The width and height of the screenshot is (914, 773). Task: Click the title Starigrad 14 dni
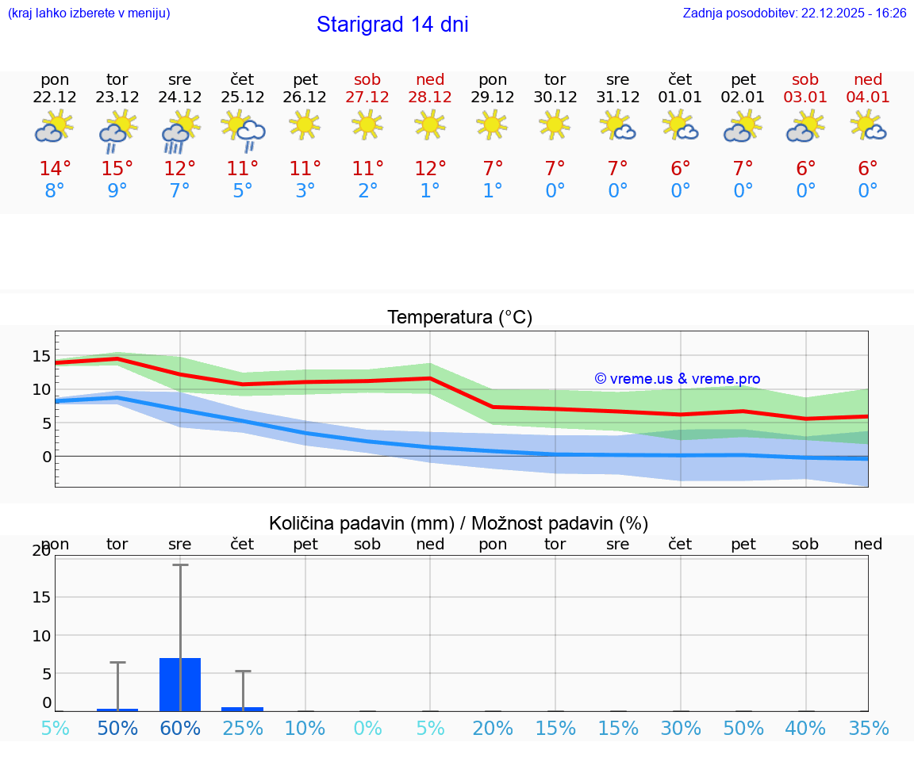392,25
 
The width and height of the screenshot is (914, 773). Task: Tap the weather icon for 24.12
180,129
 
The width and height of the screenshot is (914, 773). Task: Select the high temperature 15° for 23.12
117,169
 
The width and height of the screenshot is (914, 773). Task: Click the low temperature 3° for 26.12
305,191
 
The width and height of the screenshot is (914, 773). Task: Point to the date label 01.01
680,98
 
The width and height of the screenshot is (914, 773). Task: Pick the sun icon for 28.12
430,124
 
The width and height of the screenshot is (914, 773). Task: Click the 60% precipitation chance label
180,729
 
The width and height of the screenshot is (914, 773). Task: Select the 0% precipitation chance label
367,729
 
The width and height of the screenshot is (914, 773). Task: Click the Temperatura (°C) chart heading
459,318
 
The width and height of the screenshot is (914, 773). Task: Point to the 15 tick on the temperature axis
41,356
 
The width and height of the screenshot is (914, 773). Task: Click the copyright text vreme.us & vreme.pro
677,379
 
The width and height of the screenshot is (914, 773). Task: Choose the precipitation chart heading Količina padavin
459,523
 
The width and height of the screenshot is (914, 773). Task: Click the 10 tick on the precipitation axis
41,636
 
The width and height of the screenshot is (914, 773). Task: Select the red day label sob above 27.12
367,79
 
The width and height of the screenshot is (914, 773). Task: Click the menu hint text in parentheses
89,13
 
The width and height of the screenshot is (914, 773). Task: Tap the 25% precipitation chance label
243,729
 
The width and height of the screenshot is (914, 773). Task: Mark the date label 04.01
868,98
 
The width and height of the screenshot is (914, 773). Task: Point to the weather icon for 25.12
243,129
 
